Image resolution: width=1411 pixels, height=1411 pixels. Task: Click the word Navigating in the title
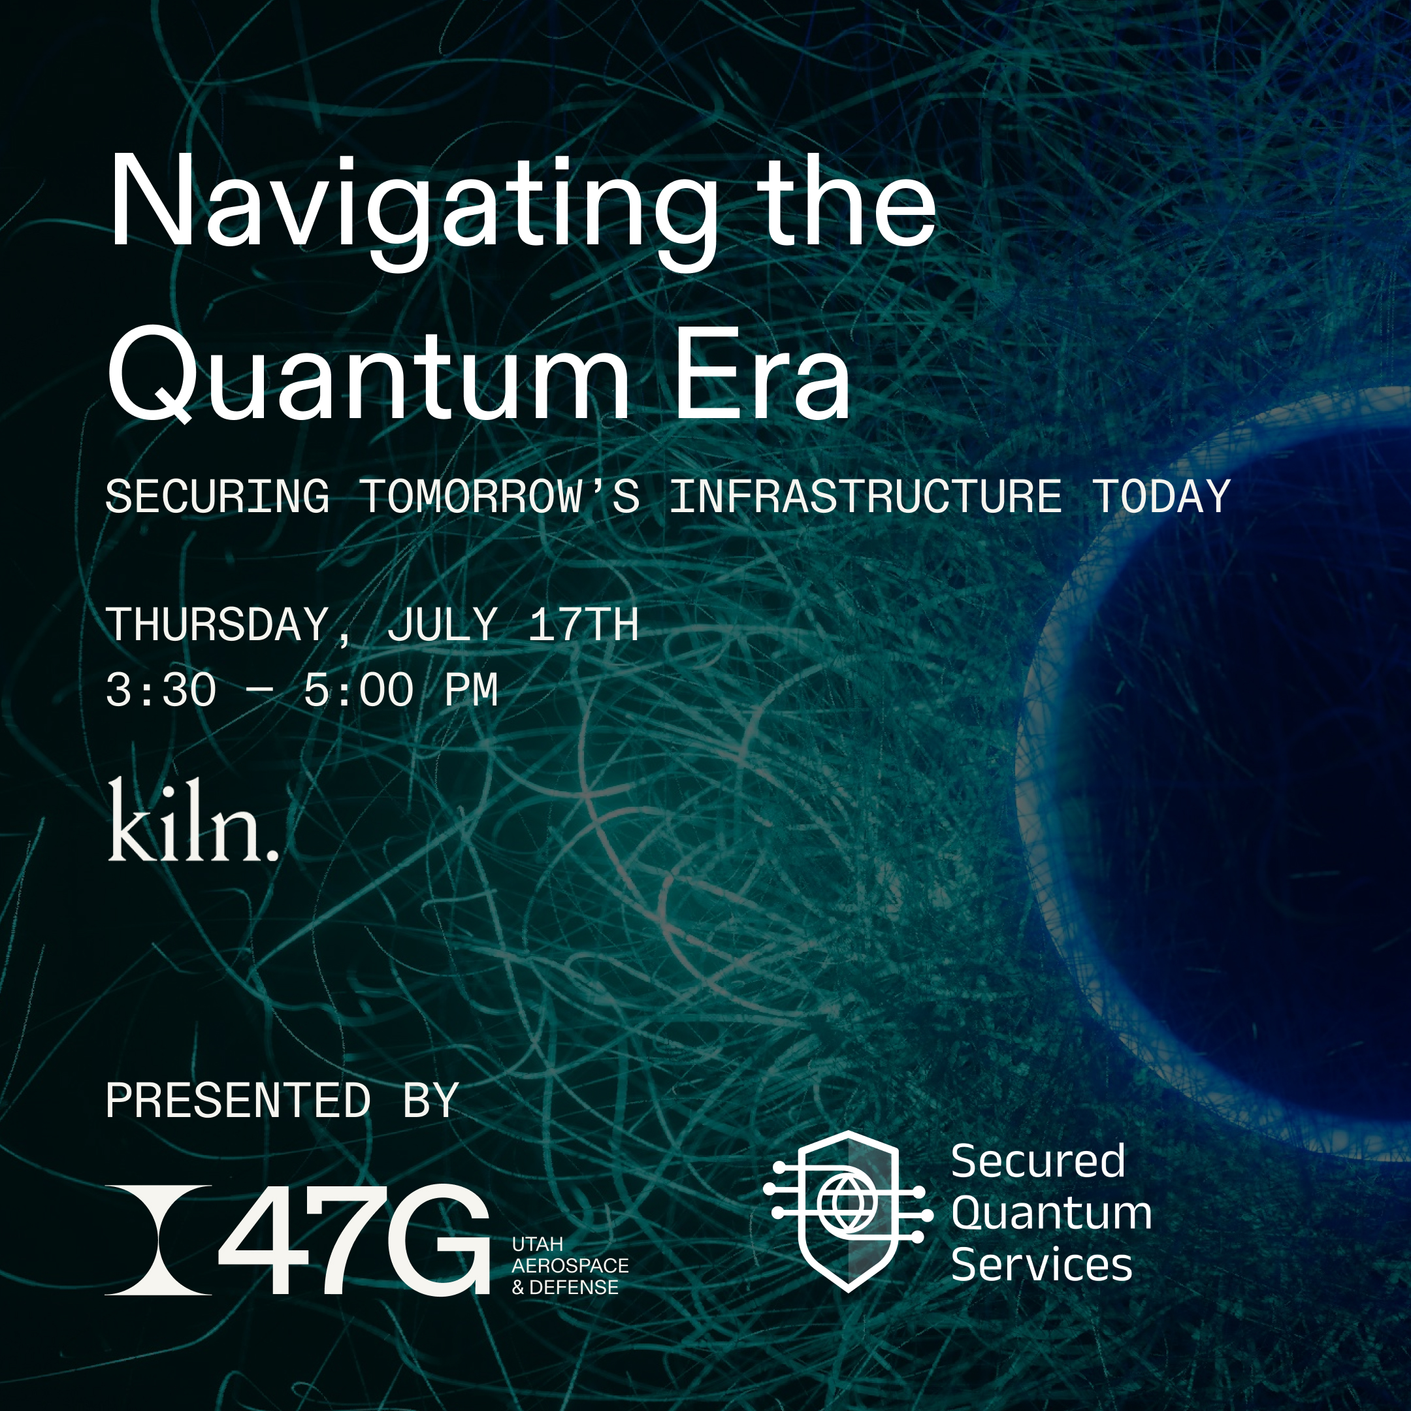coord(413,209)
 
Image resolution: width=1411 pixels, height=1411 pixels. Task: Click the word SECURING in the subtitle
coord(218,496)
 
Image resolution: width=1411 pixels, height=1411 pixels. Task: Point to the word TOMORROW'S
coord(500,496)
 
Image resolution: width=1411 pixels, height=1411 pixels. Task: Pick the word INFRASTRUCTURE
coord(866,496)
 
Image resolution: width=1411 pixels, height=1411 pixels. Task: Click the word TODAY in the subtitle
coord(1161,496)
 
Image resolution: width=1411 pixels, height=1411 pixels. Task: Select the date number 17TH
coord(583,624)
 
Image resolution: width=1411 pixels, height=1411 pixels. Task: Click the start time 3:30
coord(161,690)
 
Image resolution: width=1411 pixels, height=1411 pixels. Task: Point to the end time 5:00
coord(359,690)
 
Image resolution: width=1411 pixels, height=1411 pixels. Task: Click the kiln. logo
coord(193,819)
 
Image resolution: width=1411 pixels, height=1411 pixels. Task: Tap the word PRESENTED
coord(238,1100)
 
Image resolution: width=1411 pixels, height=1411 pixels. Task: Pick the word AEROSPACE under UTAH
coord(570,1266)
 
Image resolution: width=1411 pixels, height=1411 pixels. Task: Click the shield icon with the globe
coord(848,1212)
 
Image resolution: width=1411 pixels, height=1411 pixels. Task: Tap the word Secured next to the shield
coord(1038,1161)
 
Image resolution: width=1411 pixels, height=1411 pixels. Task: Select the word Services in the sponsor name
coord(1041,1265)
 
